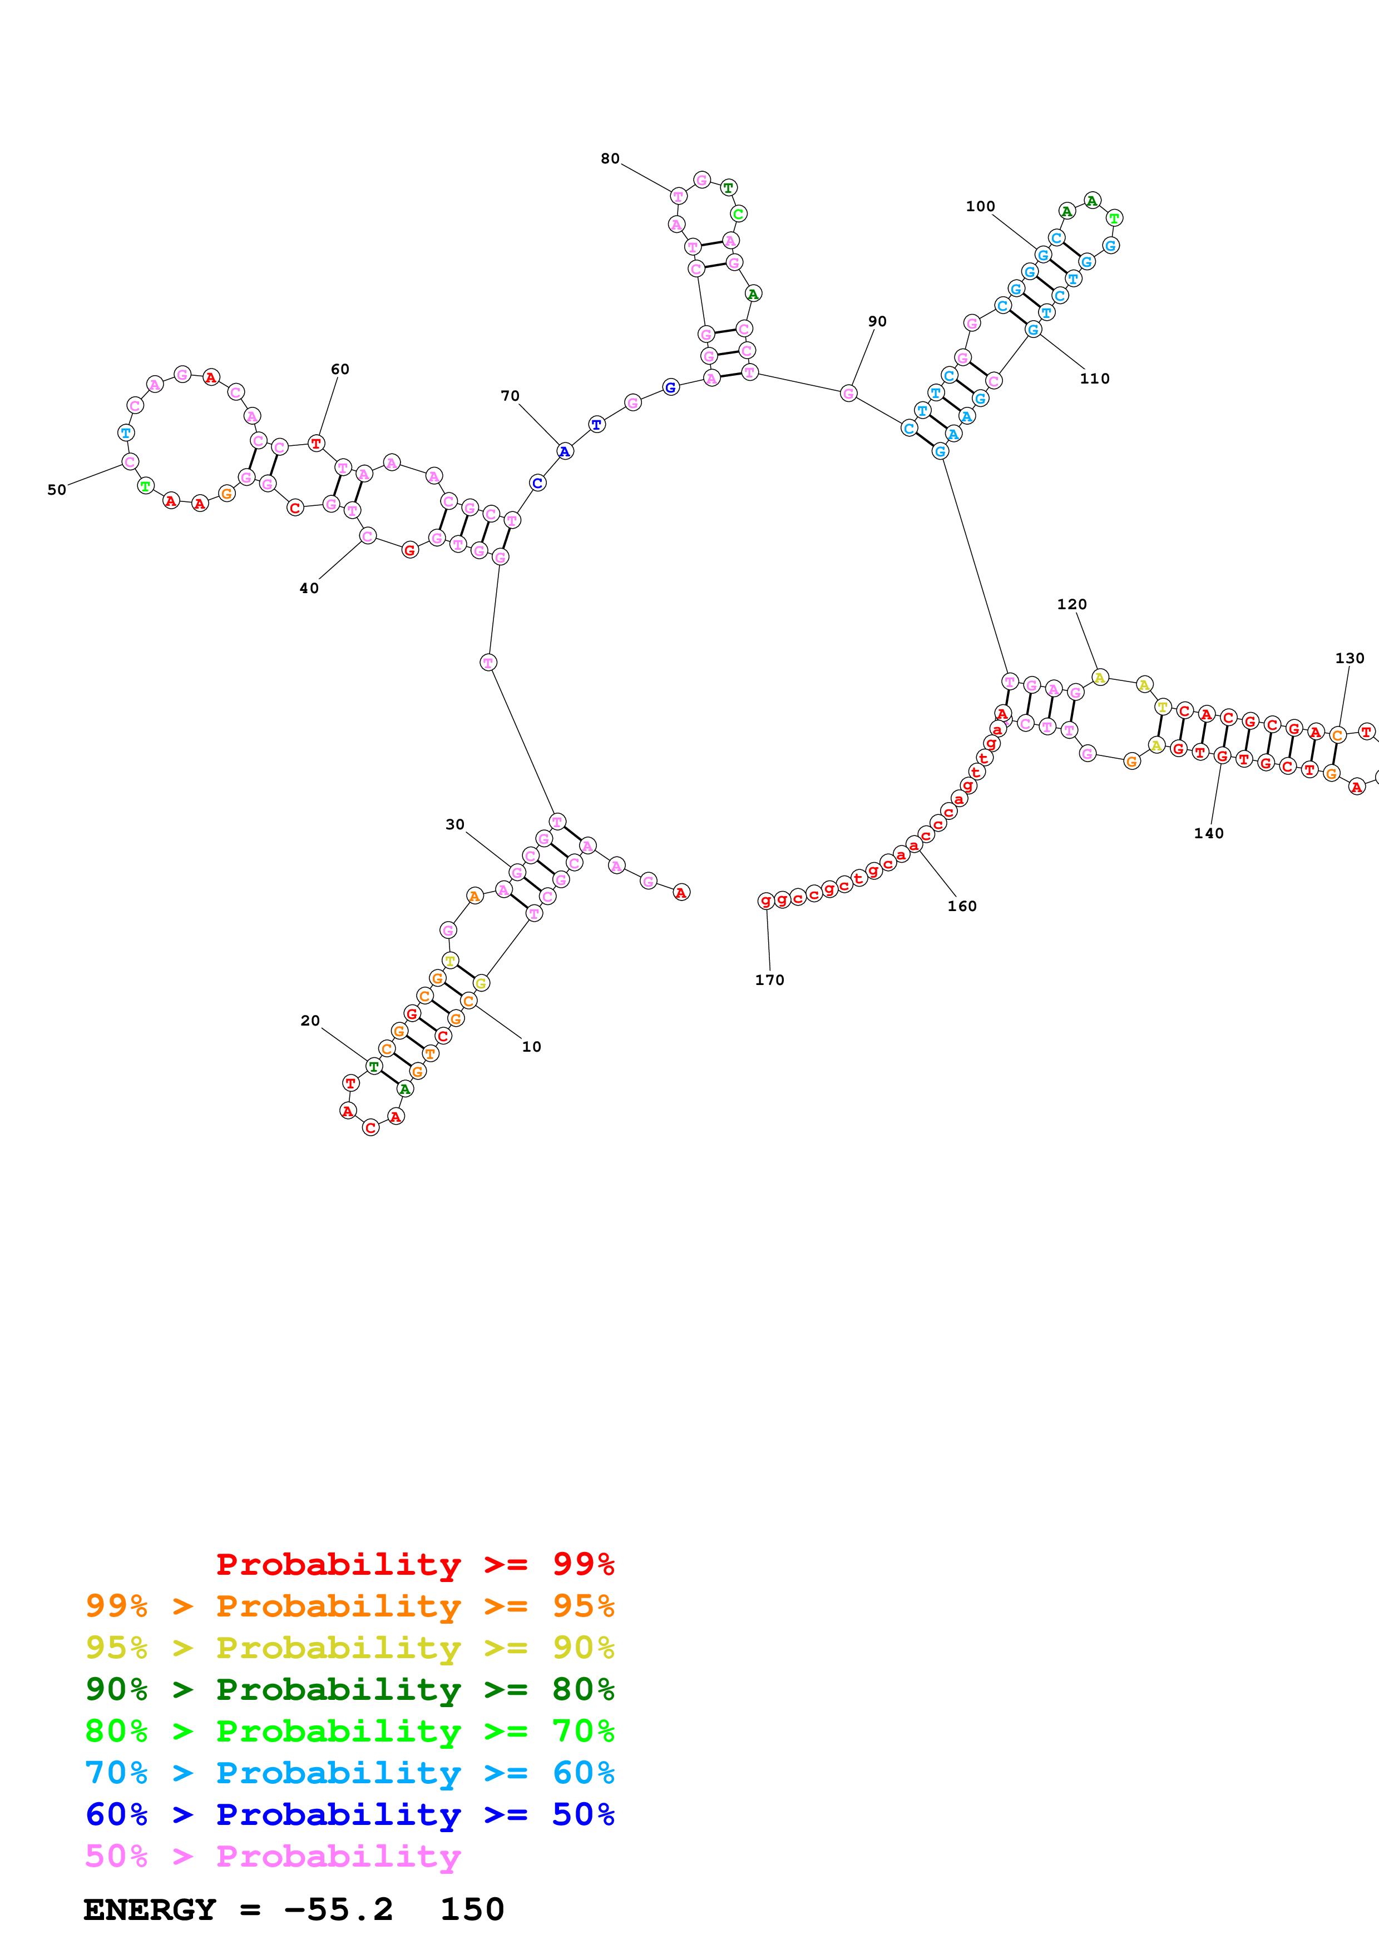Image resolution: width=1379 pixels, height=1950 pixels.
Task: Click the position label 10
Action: (531, 1046)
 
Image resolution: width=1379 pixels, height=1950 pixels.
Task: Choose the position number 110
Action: (1094, 378)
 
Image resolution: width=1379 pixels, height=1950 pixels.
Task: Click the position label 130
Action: (1350, 658)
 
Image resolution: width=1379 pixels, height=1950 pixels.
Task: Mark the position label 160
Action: (962, 906)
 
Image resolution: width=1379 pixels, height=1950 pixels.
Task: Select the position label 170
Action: (770, 979)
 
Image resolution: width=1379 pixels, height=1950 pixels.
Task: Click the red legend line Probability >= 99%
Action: (414, 1564)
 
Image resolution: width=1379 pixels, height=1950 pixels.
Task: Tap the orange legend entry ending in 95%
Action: (350, 1605)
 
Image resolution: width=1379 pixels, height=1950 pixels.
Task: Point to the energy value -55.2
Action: (338, 1909)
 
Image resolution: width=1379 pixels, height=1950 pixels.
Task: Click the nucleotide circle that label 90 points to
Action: (848, 392)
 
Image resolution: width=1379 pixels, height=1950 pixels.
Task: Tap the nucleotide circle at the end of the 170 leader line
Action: (765, 901)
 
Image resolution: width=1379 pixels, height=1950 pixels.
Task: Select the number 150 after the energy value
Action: (472, 1909)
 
